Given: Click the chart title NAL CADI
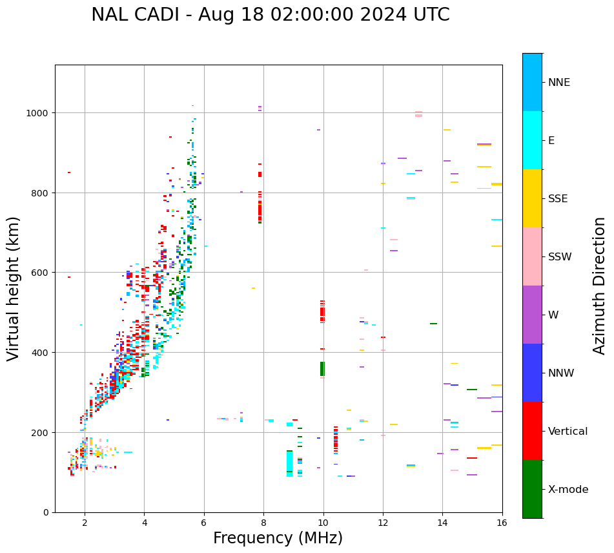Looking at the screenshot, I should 270,15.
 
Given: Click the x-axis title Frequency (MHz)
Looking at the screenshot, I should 278,538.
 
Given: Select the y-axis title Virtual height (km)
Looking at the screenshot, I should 14,288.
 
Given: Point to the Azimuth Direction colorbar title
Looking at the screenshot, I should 600,286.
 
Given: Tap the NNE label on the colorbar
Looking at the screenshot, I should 559,82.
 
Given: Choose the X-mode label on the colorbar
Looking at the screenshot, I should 568,489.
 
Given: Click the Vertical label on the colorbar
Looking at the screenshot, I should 568,431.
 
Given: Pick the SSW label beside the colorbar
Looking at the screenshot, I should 560,256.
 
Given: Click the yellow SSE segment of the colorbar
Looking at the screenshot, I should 532,198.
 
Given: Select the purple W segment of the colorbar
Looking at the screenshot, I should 532,315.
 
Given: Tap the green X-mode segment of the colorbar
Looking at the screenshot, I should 532,489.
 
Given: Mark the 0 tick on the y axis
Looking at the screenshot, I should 47,512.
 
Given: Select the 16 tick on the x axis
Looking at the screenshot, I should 502,523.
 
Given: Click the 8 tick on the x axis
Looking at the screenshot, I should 263,523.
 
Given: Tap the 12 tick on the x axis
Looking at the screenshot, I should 383,523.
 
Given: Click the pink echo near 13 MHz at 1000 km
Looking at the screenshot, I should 418,114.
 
